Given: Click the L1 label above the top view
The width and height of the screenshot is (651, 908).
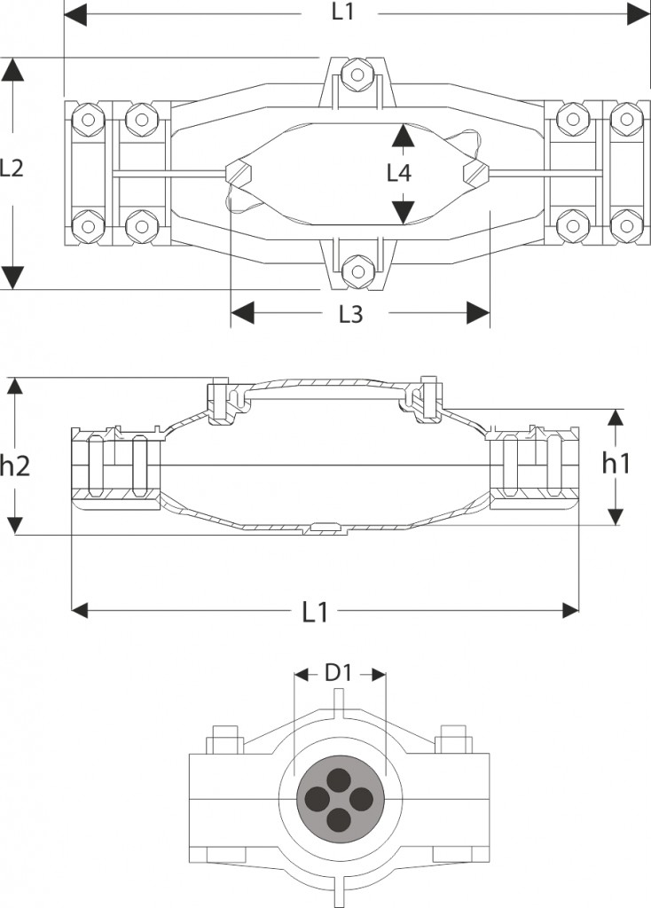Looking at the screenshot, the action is (343, 12).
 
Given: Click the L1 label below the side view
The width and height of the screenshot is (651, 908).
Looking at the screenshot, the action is (315, 612).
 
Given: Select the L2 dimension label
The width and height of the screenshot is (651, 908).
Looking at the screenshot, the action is (12, 168).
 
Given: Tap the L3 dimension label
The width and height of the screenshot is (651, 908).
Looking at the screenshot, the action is (350, 314).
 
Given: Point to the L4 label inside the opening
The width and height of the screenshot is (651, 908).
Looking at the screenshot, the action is (399, 173).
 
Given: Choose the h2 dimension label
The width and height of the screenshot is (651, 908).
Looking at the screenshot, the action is (14, 466).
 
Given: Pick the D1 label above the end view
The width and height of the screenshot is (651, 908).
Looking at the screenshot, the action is (338, 674).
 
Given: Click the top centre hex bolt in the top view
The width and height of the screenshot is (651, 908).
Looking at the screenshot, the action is (354, 74).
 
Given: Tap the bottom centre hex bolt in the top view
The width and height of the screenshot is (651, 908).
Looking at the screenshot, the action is (354, 271).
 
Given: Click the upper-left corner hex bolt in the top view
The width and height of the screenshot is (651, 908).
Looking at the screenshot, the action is (88, 120).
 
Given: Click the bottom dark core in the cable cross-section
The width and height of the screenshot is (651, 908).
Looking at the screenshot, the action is (340, 820).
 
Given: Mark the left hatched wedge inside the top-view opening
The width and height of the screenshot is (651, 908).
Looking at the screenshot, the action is (238, 172).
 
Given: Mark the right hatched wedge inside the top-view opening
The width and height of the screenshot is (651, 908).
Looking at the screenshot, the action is (476, 172).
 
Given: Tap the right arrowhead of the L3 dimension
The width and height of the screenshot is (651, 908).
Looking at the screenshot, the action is (478, 313).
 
